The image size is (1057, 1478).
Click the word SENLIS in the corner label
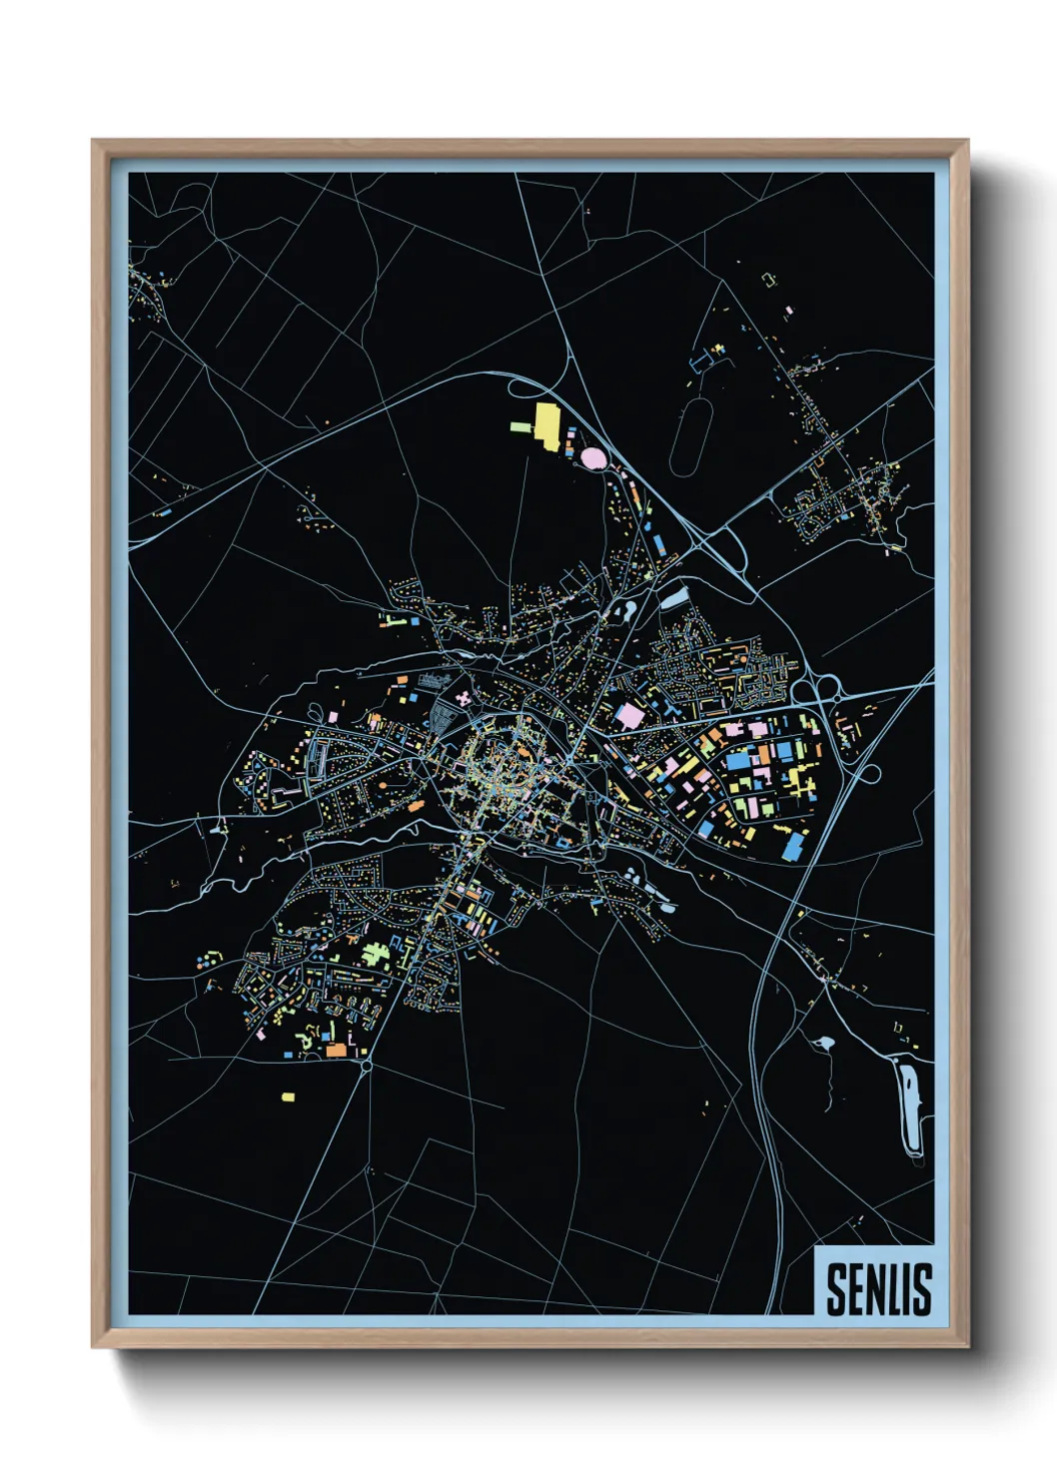tap(878, 1288)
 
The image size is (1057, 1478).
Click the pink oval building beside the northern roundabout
tap(592, 457)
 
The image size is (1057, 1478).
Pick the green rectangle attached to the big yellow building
tap(521, 427)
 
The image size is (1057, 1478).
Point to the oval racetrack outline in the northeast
tap(691, 437)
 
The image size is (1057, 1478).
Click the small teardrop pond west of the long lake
tap(825, 1044)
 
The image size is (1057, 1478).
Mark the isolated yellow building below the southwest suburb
tap(288, 1097)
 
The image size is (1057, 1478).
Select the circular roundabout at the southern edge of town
tap(367, 1067)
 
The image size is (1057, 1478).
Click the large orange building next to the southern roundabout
tap(335, 1051)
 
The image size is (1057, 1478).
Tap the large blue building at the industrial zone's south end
tap(794, 846)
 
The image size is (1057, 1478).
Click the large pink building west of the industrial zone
tap(629, 715)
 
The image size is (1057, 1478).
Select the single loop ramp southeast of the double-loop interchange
tap(867, 773)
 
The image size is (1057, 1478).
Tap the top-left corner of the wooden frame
tap(93, 141)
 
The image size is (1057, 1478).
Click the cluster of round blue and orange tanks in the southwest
tap(208, 962)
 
